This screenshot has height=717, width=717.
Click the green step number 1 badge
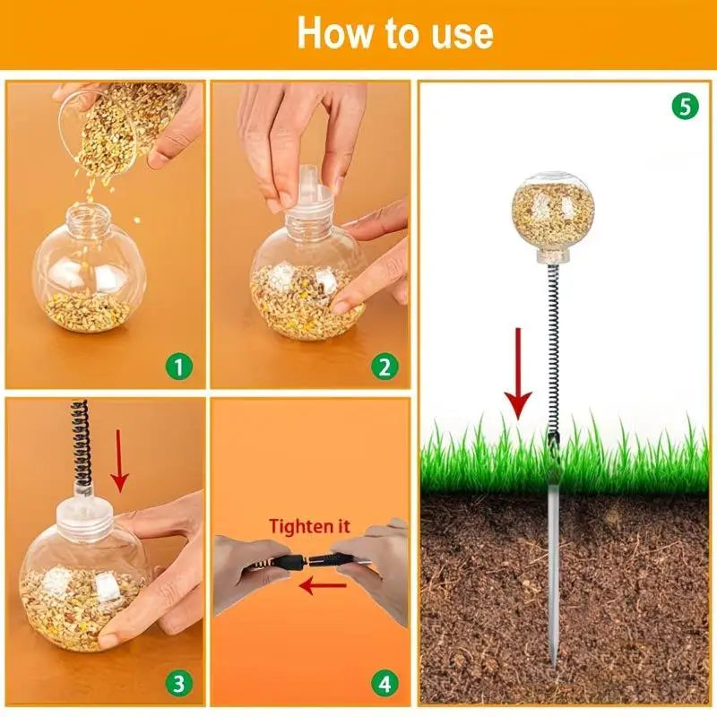(x=178, y=367)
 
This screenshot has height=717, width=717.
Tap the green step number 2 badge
(x=384, y=367)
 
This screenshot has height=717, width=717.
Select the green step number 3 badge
(x=178, y=684)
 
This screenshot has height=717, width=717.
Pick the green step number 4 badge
(x=384, y=684)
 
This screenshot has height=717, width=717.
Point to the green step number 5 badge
(x=685, y=107)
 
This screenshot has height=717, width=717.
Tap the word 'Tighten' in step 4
(x=298, y=526)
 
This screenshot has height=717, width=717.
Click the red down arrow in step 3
(x=119, y=461)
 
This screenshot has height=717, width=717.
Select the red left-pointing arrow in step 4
(x=323, y=585)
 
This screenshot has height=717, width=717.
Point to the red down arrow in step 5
(x=518, y=374)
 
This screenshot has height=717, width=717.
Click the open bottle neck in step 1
(x=88, y=217)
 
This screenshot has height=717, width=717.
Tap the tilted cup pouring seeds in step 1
(x=121, y=125)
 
